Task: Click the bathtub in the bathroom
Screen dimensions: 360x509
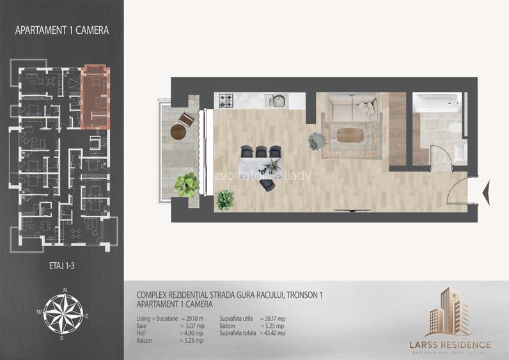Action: (435, 102)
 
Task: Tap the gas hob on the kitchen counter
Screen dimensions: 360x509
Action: (227, 100)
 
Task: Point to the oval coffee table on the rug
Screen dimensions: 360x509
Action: (350, 135)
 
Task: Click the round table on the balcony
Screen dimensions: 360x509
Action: (178, 132)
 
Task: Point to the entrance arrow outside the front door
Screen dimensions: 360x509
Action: (485, 191)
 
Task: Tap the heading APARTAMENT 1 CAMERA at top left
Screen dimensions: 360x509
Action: (61, 29)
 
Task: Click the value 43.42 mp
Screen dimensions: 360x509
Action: (273, 333)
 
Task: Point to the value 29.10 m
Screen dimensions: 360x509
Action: (192, 318)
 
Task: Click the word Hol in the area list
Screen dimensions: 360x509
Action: (141, 333)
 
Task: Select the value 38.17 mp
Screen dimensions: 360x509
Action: (273, 318)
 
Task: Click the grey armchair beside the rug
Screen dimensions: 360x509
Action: (316, 140)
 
